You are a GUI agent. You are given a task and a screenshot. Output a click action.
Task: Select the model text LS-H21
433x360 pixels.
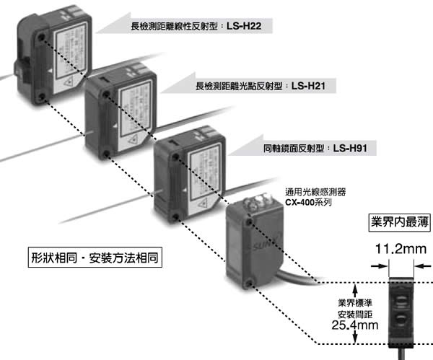310,86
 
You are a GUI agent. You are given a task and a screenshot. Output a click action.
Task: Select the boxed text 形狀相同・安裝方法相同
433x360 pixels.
95,257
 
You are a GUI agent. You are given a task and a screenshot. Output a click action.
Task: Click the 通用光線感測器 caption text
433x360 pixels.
316,192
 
